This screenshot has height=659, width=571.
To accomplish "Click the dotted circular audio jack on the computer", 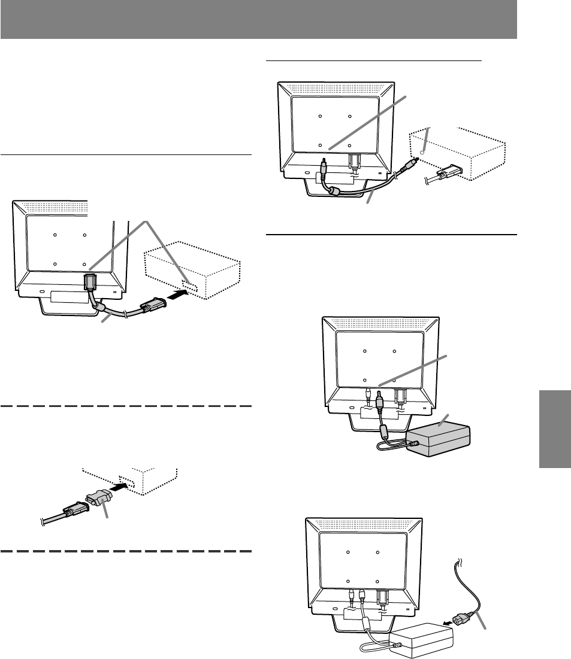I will coord(423,153).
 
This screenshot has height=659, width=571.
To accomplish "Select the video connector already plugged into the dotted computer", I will coord(445,174).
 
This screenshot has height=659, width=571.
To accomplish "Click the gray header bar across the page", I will coord(258,20).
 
